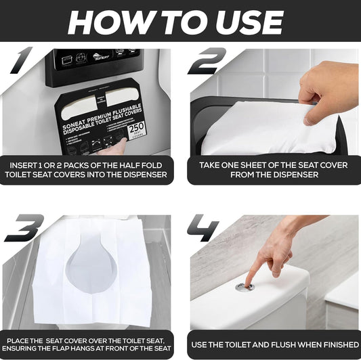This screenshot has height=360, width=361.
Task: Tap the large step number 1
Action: click(x=23, y=62)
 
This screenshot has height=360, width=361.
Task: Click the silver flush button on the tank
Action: click(x=245, y=287)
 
